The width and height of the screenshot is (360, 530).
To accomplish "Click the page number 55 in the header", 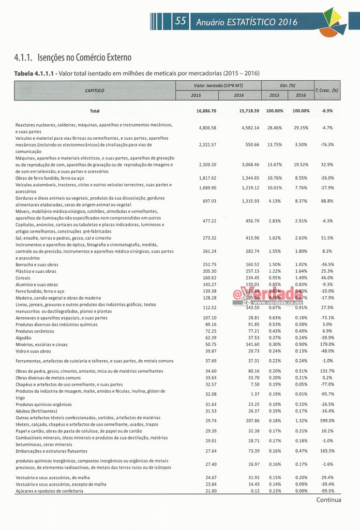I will click(x=181, y=21).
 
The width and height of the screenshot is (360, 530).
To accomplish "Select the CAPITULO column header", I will click(x=95, y=90).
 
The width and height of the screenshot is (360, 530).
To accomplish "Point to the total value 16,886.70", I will click(x=206, y=111).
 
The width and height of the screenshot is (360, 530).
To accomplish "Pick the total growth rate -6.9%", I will click(x=327, y=111).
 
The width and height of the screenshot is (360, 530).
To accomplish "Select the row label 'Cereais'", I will click(x=24, y=277).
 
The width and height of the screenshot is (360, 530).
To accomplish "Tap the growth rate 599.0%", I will click(x=327, y=420).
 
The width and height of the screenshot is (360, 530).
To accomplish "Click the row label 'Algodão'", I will click(x=24, y=337).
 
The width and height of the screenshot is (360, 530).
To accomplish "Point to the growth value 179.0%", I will click(x=327, y=344).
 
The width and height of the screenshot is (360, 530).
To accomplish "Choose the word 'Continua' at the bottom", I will click(x=328, y=499).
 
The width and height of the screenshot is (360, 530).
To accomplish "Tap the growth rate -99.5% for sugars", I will click(x=327, y=491).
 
